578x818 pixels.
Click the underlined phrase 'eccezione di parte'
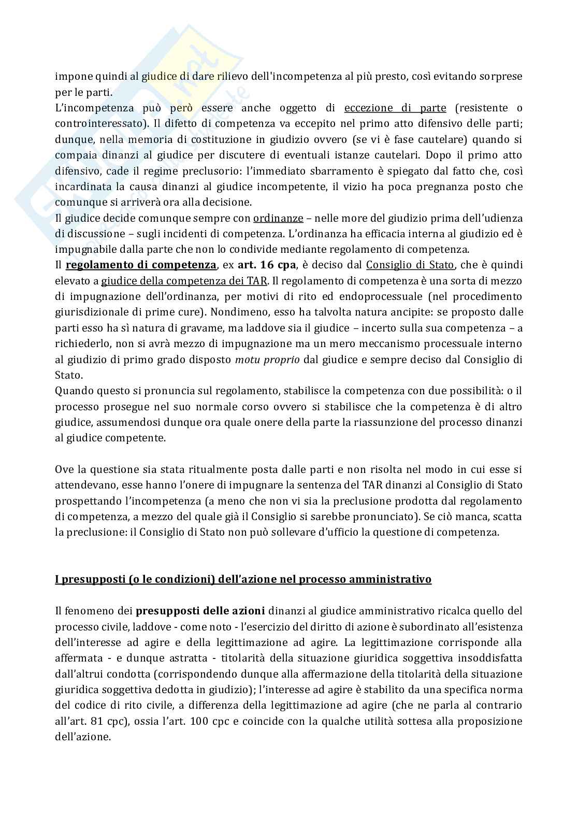tap(395, 108)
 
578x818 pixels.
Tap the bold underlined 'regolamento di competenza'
tap(141, 265)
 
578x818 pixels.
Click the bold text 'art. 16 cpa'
tap(266, 265)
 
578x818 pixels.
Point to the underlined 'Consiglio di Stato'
tap(410, 265)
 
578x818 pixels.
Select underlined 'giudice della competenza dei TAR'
tap(184, 281)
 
